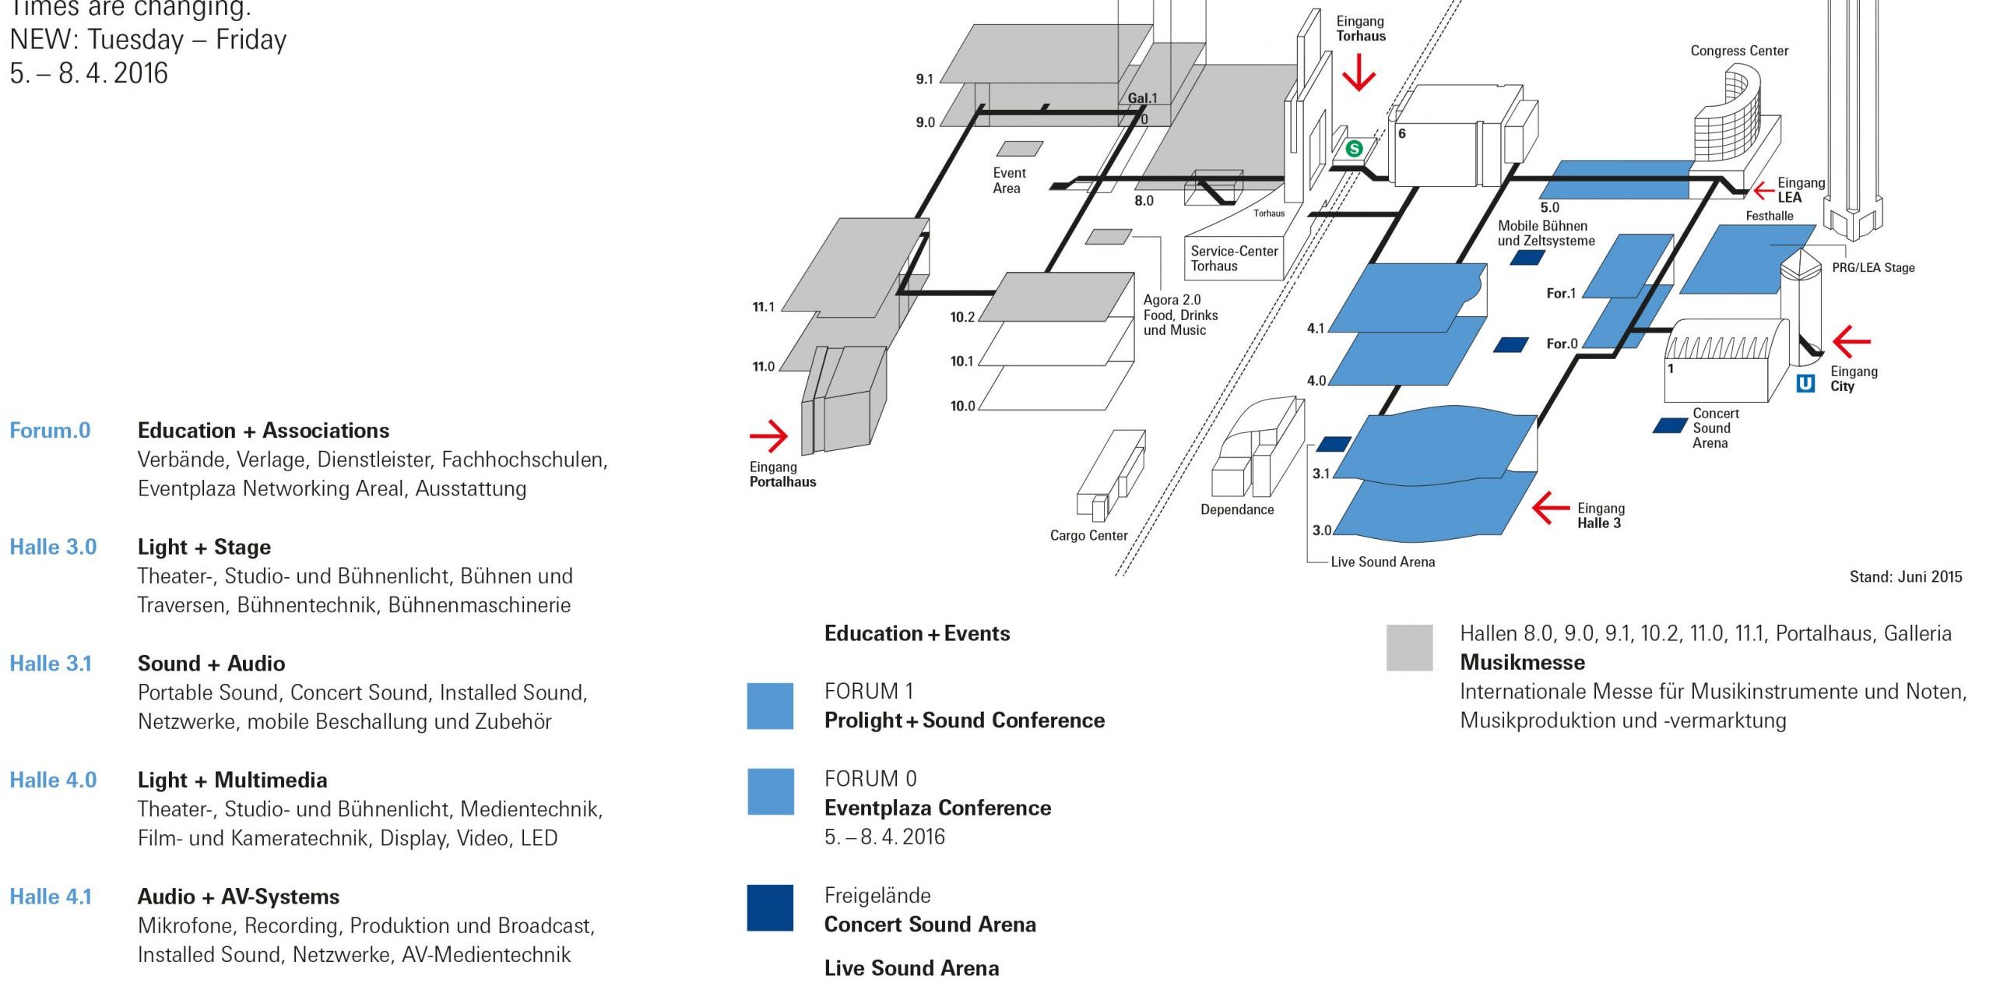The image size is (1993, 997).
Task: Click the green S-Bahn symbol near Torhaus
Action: pos(1355,148)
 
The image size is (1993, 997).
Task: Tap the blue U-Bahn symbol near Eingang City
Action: pos(1805,383)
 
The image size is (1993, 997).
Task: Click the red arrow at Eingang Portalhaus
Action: pos(768,435)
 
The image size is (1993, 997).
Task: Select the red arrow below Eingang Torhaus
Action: pos(1359,72)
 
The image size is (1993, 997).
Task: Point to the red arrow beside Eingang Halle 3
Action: pos(1550,508)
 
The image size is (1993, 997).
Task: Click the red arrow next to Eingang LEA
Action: pos(1763,190)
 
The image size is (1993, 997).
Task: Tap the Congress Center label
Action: pos(1739,51)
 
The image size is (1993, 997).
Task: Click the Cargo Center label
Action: pos(1088,535)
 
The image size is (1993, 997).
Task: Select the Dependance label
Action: pos(1237,509)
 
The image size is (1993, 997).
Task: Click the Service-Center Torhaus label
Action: pos(1233,258)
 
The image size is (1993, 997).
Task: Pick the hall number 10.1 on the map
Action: pos(962,361)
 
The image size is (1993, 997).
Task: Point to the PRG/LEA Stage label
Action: pos(1873,267)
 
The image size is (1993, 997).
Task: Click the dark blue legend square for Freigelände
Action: pos(770,907)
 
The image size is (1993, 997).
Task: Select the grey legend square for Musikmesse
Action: pos(1409,647)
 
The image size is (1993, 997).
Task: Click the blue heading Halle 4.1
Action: pos(51,897)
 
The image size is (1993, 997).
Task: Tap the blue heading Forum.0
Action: pos(50,431)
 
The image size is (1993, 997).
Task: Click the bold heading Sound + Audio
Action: pos(211,664)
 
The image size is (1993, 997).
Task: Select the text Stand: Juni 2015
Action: pos(1905,576)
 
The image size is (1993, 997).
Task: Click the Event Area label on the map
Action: pos(1009,181)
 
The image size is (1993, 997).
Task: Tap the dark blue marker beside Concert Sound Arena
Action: pos(1669,425)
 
